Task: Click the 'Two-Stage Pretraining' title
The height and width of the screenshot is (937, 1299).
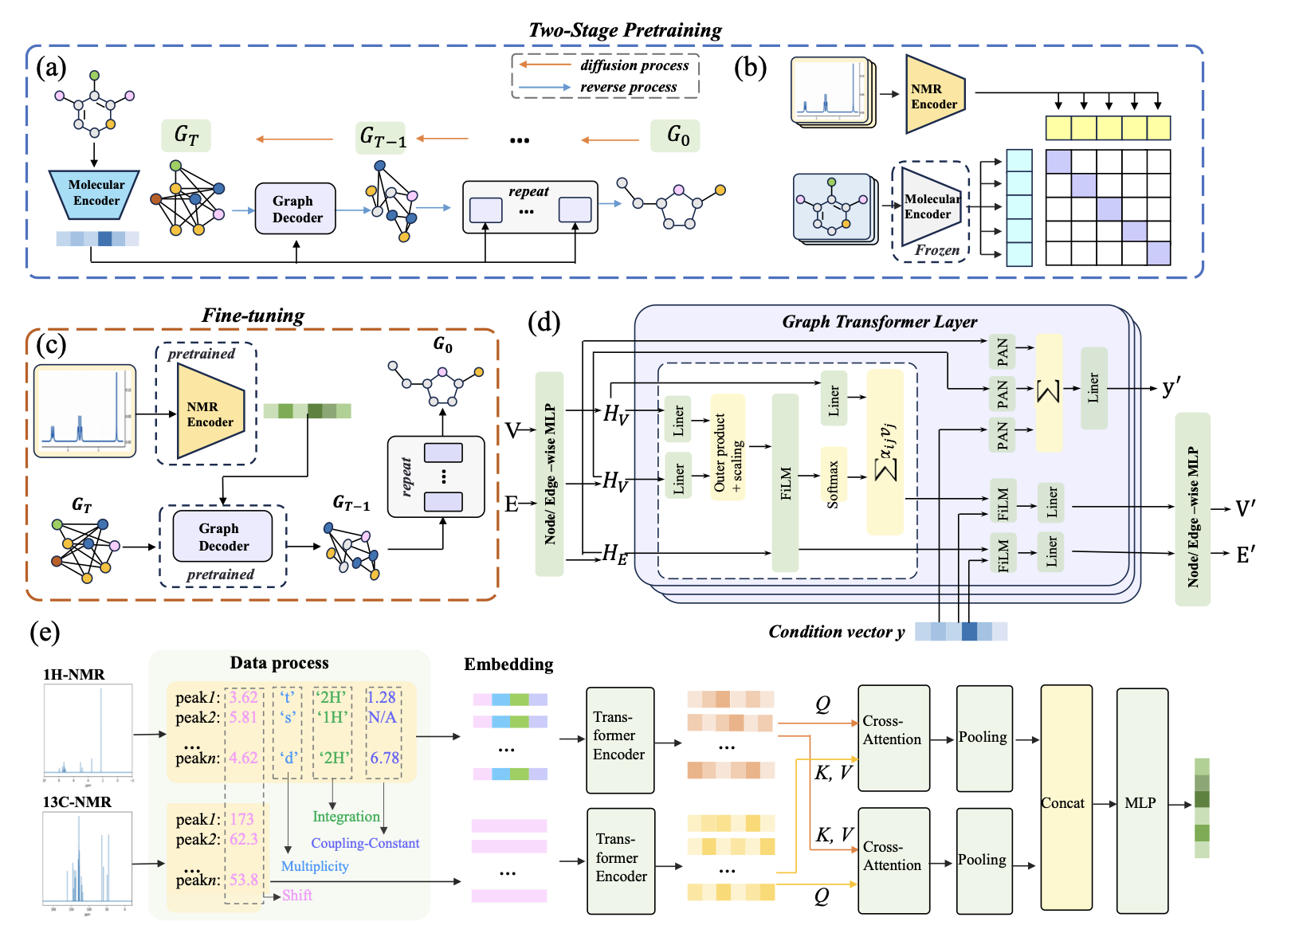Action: click(x=625, y=30)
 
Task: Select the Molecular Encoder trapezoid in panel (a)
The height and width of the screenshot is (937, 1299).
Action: click(x=95, y=194)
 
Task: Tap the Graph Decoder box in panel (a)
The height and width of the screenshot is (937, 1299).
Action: click(x=296, y=209)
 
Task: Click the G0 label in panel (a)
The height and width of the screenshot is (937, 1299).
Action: click(x=677, y=135)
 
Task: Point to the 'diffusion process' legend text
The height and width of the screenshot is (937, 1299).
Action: click(x=634, y=65)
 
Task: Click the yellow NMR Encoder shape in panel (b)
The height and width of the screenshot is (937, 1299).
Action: click(x=934, y=96)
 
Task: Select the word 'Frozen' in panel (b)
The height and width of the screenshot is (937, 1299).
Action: click(x=936, y=250)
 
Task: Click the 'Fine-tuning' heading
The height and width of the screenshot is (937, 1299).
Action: click(x=253, y=316)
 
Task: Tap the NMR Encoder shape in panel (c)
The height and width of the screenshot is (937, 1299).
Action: click(x=210, y=413)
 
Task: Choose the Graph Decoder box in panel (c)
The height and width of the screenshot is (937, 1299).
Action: click(x=223, y=537)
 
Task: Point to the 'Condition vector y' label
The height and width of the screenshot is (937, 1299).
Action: click(x=836, y=632)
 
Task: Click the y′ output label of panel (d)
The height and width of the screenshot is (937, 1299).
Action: click(x=1171, y=387)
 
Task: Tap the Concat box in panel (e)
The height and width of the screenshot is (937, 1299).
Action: click(x=1065, y=802)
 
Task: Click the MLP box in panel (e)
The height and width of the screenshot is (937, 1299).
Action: click(x=1141, y=802)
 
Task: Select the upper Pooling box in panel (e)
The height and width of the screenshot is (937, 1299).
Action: click(x=983, y=738)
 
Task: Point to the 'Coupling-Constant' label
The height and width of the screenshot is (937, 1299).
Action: click(x=365, y=843)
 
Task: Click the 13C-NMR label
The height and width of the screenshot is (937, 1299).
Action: click(x=77, y=802)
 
